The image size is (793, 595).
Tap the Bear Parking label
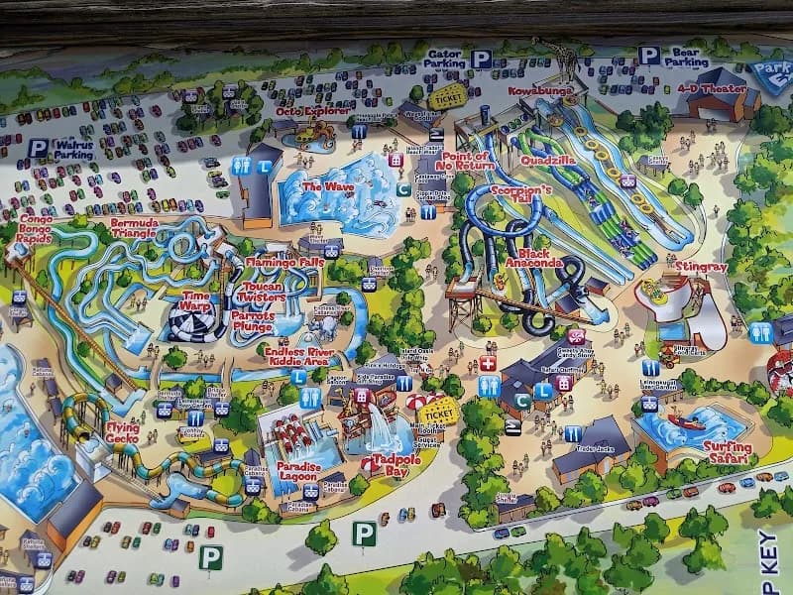(686, 56)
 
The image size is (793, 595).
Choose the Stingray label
(702, 266)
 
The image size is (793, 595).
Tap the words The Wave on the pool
(326, 186)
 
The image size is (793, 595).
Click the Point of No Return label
(467, 161)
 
